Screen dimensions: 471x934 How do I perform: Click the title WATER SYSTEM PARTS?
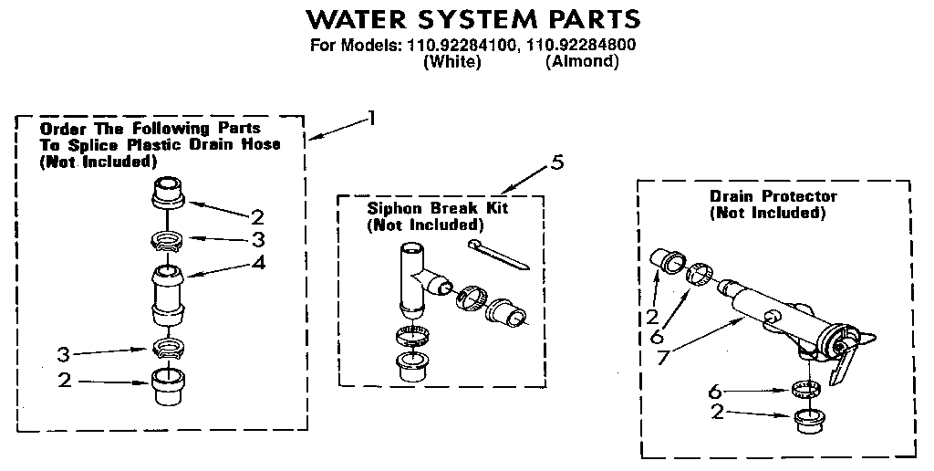(x=472, y=18)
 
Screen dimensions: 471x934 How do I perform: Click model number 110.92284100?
(x=454, y=45)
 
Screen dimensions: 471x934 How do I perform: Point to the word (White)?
(x=451, y=62)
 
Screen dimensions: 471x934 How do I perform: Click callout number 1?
(x=371, y=117)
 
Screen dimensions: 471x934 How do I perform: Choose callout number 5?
(x=557, y=163)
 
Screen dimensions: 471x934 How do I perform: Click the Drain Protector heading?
(x=773, y=196)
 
